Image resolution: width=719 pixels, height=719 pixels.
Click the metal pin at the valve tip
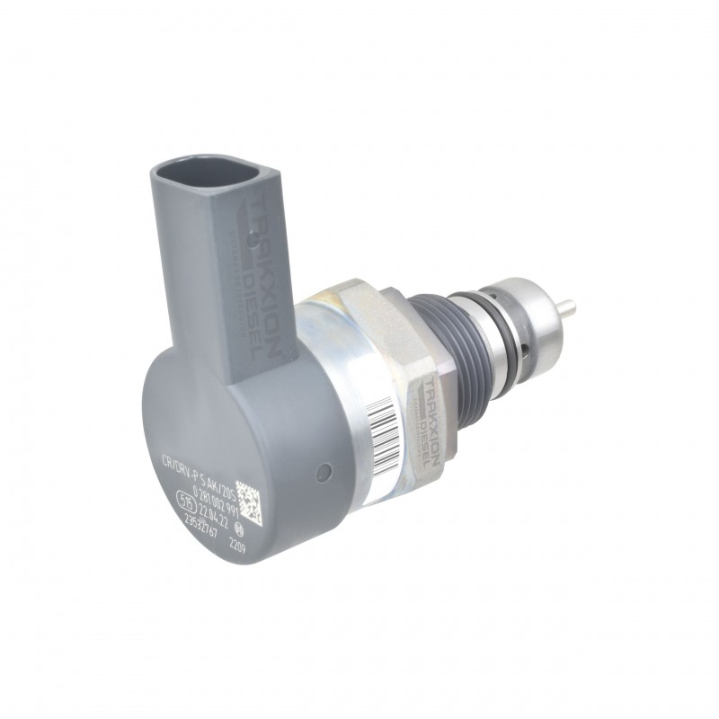point(566,309)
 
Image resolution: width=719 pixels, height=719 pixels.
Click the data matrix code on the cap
point(249,503)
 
